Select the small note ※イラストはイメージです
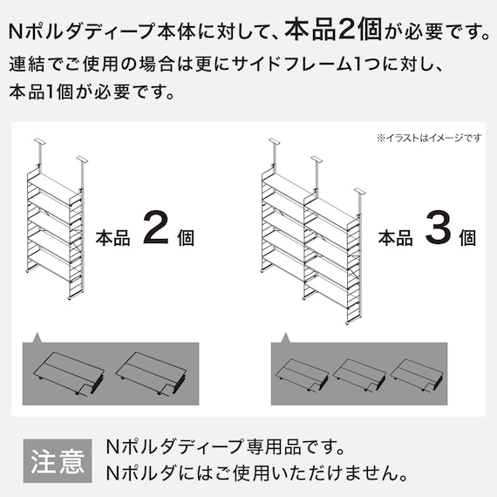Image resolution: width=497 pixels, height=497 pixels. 429,138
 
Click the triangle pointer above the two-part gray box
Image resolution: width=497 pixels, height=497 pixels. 37,337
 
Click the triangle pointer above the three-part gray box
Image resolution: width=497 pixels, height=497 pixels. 283,337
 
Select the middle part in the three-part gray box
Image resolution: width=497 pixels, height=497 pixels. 358,374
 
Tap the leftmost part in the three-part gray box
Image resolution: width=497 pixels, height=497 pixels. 302,374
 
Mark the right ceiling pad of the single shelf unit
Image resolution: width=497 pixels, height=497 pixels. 83,159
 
